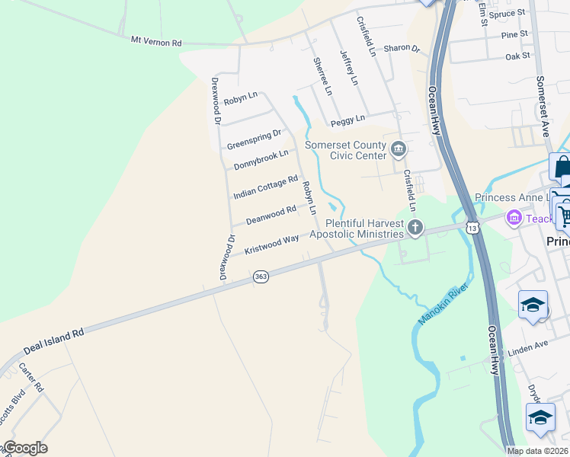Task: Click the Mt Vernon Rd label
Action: click(156, 39)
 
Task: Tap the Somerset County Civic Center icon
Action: click(397, 148)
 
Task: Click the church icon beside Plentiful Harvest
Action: click(415, 226)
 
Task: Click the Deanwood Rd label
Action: click(271, 216)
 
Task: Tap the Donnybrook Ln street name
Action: click(261, 160)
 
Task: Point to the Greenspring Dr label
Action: click(254, 139)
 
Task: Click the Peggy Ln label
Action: click(347, 120)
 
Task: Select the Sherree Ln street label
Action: click(323, 76)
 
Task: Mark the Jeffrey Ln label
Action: click(349, 68)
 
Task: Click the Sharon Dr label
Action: click(402, 48)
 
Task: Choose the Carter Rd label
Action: click(32, 378)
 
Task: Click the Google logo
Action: click(25, 447)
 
